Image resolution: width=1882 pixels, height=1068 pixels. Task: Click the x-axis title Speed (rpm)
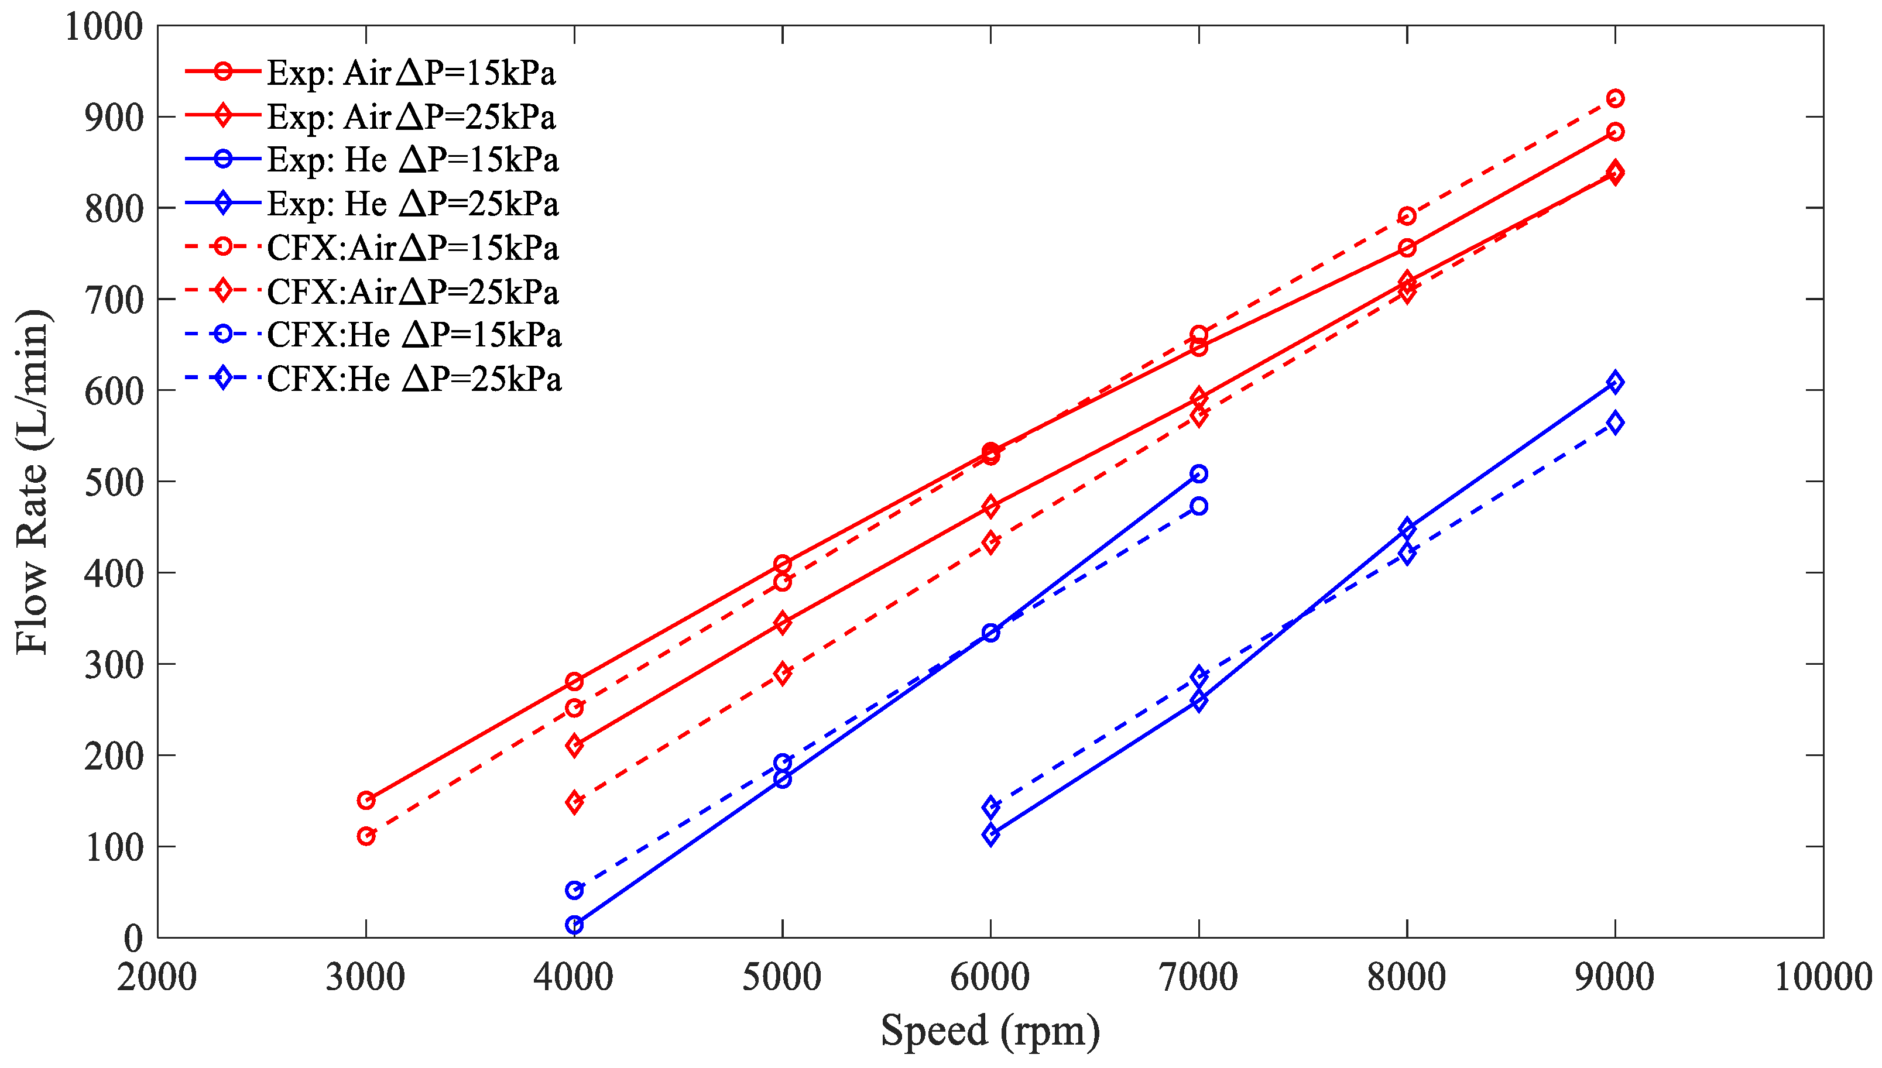990,1031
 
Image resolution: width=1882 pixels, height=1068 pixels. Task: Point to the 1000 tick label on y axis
104,27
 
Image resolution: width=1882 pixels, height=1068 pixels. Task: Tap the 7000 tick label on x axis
1198,977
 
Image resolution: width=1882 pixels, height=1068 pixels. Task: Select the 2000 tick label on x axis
157,977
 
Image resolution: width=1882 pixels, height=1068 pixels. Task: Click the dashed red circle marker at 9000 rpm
1614,98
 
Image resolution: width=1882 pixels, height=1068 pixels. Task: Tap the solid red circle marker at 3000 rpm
366,800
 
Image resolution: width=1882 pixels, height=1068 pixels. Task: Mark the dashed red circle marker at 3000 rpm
366,836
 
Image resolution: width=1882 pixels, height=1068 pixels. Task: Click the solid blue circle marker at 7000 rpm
1198,474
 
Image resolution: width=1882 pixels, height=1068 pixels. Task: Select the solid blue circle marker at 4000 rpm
574,925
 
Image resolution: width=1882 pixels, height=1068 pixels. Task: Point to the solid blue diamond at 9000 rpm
1614,382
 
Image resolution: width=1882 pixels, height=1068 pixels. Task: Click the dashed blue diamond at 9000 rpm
1614,423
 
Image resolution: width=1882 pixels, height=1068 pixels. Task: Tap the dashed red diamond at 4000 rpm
574,802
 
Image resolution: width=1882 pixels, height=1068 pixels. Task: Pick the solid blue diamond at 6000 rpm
990,835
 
